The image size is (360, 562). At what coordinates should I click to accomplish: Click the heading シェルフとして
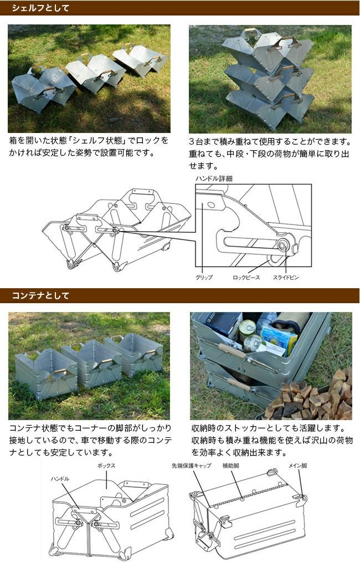pos(40,8)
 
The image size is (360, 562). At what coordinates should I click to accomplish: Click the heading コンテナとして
pos(40,296)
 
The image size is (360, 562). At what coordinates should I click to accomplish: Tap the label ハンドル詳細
pos(214,178)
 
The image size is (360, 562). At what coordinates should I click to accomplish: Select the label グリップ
pos(204,277)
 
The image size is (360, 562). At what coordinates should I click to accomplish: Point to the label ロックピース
pos(246,277)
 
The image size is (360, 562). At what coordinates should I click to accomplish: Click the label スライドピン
pos(285,277)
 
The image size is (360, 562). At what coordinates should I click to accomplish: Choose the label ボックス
pos(106,466)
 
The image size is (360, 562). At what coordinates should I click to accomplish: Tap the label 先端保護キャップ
pos(191,466)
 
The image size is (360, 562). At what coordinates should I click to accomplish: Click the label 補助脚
pos(231,466)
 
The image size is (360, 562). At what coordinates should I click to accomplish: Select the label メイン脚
pos(297,466)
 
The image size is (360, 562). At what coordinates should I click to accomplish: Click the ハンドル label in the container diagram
pos(60,479)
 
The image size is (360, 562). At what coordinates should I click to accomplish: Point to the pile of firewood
pos(310,396)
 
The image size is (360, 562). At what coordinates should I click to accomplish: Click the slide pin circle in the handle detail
pos(282,246)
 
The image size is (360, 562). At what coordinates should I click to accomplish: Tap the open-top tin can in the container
pos(247,328)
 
